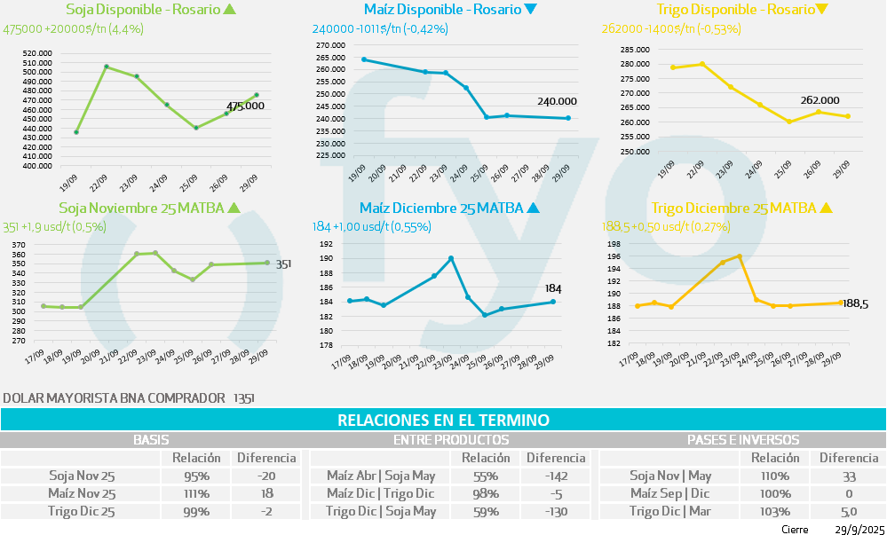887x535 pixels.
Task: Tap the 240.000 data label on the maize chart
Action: pyautogui.click(x=557, y=101)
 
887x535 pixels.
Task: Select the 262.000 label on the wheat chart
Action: pyautogui.click(x=820, y=100)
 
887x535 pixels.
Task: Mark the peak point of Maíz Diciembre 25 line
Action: pyautogui.click(x=451, y=258)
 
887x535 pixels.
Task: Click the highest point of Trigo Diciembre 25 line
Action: pyautogui.click(x=739, y=256)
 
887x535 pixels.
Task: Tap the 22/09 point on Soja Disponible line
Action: pyautogui.click(x=107, y=67)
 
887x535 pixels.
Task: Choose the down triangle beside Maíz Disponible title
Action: pyautogui.click(x=531, y=10)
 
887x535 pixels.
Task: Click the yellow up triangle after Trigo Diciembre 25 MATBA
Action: pyautogui.click(x=826, y=208)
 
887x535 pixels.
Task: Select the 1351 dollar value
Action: pyautogui.click(x=243, y=398)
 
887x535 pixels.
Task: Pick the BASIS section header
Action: pyautogui.click(x=150, y=439)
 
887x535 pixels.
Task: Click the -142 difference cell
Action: pyautogui.click(x=556, y=476)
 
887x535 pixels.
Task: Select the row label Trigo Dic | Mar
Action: pyautogui.click(x=669, y=511)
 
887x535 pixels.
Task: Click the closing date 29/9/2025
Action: pyautogui.click(x=855, y=529)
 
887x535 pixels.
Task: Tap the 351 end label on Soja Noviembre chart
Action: pyautogui.click(x=283, y=264)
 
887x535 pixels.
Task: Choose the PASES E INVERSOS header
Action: pyautogui.click(x=742, y=439)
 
